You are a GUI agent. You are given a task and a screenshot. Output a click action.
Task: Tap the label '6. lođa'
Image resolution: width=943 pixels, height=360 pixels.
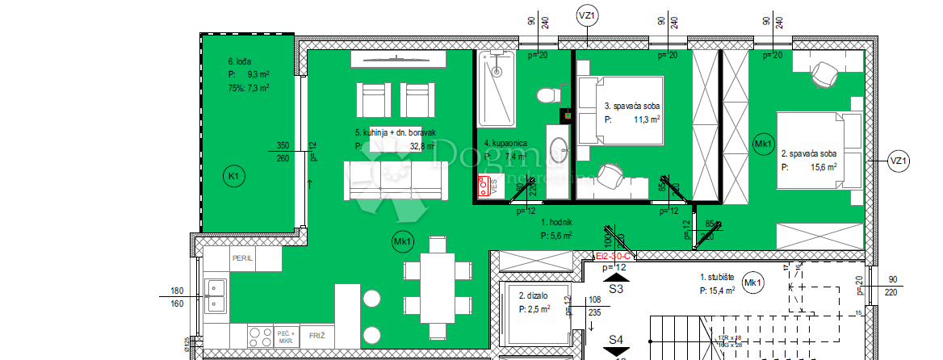point(242,61)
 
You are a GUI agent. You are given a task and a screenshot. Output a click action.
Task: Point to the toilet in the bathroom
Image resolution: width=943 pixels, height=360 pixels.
point(547,96)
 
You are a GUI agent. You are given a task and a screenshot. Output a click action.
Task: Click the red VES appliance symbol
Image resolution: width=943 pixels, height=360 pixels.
point(486,186)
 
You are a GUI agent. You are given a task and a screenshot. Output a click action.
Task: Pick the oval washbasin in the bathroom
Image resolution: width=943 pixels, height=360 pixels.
point(559,149)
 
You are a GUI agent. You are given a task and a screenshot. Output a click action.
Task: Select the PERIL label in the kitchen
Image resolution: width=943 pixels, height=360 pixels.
point(243,259)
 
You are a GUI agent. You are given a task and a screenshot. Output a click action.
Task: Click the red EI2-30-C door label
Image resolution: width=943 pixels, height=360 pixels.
point(618,256)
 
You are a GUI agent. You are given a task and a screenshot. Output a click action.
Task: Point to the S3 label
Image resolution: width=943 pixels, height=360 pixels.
point(617,287)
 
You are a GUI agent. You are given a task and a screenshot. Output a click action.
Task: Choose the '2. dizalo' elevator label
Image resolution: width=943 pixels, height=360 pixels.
point(535,296)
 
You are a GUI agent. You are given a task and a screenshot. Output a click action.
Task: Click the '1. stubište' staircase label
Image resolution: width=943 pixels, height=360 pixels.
point(717,277)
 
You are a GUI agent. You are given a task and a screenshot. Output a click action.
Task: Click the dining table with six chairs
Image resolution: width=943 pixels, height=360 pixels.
point(437,288)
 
